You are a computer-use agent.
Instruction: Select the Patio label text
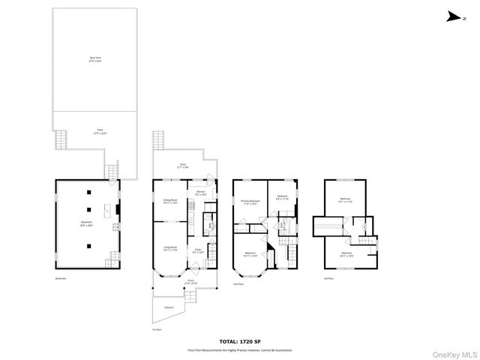click(x=99, y=132)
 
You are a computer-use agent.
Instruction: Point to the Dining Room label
click(x=170, y=200)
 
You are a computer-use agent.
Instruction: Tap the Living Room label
click(x=169, y=248)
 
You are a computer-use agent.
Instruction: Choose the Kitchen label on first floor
click(x=200, y=193)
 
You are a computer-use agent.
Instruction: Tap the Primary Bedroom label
click(x=250, y=201)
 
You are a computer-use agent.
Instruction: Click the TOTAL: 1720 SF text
click(x=240, y=341)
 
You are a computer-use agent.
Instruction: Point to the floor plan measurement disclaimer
click(x=240, y=349)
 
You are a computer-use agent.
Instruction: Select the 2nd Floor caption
click(x=238, y=284)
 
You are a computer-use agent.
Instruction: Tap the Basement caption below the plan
click(x=60, y=280)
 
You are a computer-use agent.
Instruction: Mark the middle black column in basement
click(x=89, y=211)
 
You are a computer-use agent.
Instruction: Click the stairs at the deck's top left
click(x=157, y=140)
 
